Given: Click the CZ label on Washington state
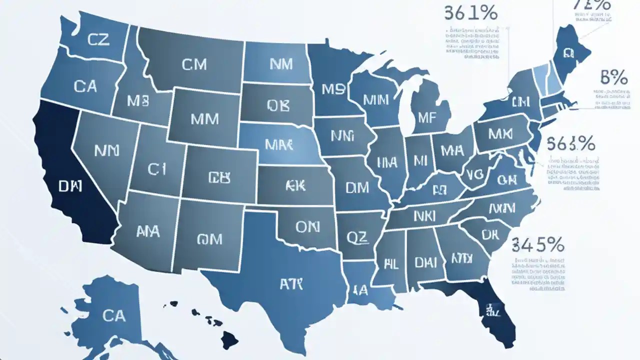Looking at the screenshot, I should click(98, 40).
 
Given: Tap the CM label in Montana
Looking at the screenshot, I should click(194, 64).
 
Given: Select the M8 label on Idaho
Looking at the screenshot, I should click(138, 101).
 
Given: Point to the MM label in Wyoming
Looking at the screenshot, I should click(204, 118).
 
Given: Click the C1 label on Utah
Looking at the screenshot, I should click(156, 170).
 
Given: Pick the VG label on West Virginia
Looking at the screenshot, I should click(472, 174).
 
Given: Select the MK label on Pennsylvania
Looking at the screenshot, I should click(500, 134).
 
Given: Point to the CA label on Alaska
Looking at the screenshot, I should click(113, 315).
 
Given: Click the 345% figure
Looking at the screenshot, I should click(538, 245).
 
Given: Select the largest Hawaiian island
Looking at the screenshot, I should click(229, 340).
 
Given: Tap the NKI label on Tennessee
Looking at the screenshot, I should click(424, 216).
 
